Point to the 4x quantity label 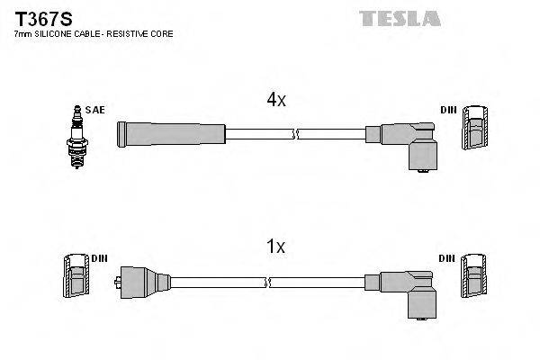click(x=275, y=101)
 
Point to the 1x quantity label click(x=275, y=246)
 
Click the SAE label click(x=96, y=110)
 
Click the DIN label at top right click(x=447, y=110)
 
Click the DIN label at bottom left click(x=99, y=258)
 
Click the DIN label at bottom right click(x=447, y=258)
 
